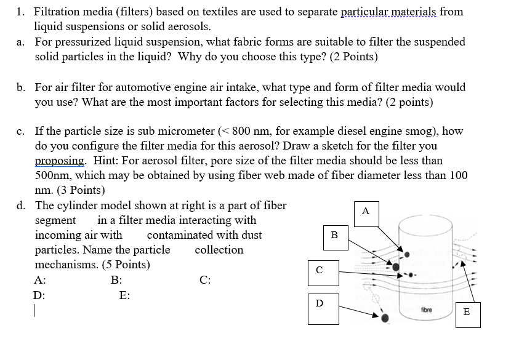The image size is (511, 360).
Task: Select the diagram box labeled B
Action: (x=334, y=235)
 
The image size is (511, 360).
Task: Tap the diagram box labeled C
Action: (x=319, y=270)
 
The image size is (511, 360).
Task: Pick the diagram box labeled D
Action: (x=319, y=304)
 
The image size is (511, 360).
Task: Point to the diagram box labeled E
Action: (x=465, y=312)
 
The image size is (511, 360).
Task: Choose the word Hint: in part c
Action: (x=103, y=161)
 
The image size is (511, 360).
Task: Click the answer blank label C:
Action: (x=206, y=280)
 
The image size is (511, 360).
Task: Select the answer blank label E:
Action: (x=124, y=295)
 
